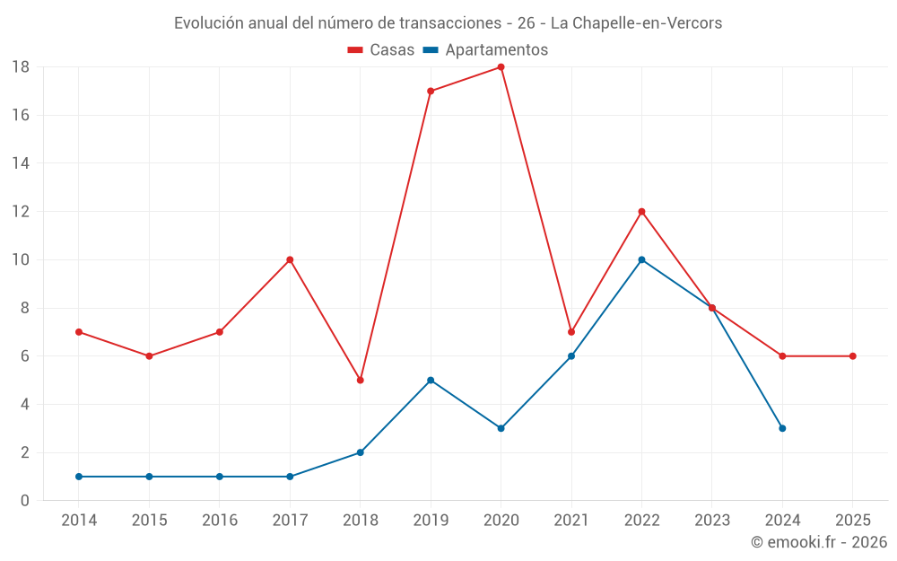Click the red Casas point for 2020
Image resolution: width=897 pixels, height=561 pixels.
point(501,67)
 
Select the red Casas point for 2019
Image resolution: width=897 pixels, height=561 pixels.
point(431,91)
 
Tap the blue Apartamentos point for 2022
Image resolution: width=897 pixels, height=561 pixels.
point(641,259)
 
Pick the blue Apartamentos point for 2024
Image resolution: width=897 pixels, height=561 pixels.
point(782,428)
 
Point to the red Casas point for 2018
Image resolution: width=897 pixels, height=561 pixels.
point(360,380)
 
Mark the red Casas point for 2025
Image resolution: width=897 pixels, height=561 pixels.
point(852,356)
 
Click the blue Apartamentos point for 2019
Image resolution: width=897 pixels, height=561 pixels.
point(431,380)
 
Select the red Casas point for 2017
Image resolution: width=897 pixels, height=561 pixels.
point(290,259)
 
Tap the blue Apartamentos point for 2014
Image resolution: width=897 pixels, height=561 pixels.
point(79,477)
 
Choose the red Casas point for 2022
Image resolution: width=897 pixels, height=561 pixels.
point(641,212)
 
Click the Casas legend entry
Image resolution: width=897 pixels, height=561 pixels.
point(381,50)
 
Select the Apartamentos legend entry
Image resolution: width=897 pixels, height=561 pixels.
point(485,50)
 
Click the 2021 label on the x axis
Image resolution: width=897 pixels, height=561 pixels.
point(571,521)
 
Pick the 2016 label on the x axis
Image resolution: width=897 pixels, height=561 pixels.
point(220,521)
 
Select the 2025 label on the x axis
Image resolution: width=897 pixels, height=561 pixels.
point(852,521)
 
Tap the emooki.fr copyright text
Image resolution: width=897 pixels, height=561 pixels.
point(819,542)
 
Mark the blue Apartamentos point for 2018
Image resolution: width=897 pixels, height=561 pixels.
point(360,452)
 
